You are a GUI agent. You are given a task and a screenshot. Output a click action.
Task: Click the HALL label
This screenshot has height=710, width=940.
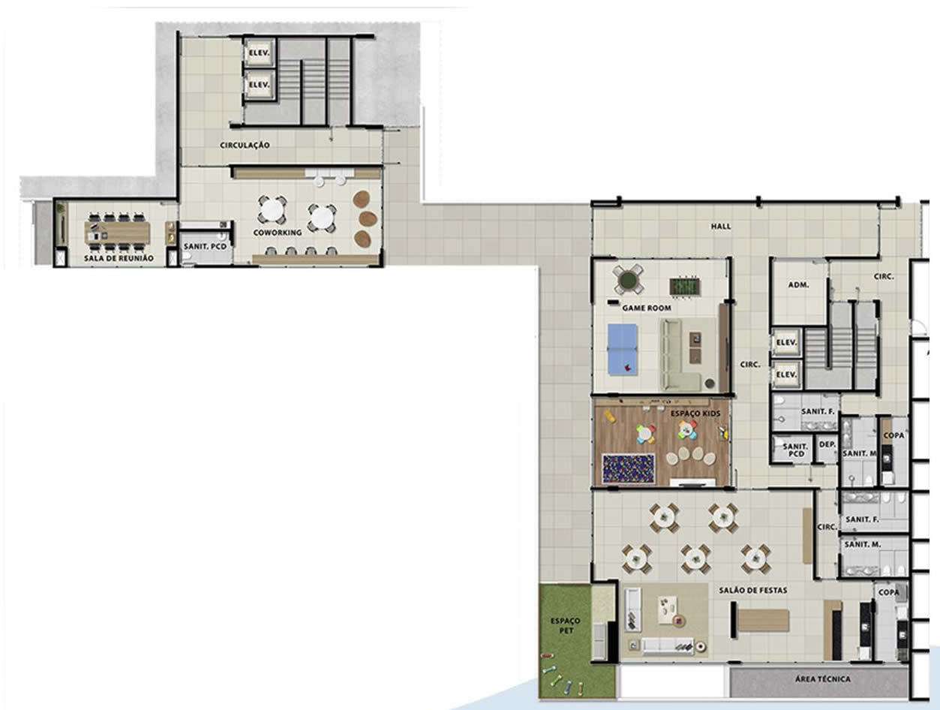(721, 226)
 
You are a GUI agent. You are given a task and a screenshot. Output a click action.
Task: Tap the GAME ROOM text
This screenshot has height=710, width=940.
(647, 308)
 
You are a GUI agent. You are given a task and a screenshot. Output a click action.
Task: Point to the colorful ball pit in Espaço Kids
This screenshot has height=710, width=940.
(628, 468)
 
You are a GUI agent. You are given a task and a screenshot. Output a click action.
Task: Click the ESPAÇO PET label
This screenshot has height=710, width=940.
(566, 626)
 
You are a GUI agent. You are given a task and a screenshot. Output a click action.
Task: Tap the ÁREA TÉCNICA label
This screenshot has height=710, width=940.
(823, 678)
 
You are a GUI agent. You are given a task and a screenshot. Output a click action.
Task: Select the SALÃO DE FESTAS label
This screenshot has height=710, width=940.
(753, 590)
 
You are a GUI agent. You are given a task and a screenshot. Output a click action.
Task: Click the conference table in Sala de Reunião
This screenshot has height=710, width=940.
(117, 232)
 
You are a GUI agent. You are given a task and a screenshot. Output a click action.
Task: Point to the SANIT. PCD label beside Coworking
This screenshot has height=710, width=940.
(205, 247)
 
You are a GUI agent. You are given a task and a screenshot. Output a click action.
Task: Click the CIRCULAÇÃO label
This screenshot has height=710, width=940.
(245, 145)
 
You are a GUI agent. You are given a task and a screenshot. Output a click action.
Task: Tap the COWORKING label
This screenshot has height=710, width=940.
(278, 233)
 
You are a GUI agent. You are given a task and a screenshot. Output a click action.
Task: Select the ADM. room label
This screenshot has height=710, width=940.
(799, 284)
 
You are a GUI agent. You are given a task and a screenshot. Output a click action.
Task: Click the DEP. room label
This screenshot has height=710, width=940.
(827, 444)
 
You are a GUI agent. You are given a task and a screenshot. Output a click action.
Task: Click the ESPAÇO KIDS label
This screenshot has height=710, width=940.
(695, 414)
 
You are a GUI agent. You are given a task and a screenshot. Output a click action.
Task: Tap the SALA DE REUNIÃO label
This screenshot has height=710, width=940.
(119, 258)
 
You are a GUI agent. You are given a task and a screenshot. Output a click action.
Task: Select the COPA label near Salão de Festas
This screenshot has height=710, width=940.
(888, 592)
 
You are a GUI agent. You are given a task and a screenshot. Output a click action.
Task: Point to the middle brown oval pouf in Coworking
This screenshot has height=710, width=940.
(368, 218)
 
